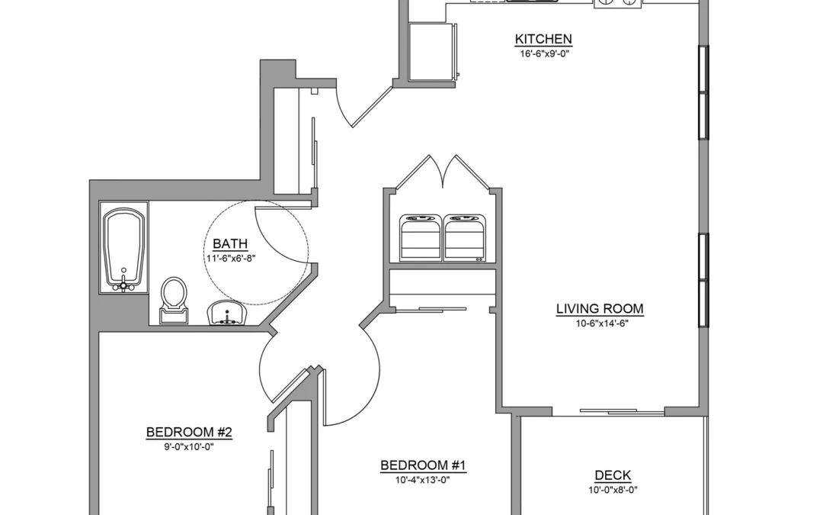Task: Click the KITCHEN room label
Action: pos(543,39)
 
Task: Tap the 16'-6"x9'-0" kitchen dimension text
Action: pos(544,53)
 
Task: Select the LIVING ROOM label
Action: pos(600,309)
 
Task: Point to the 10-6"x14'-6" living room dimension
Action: pos(602,323)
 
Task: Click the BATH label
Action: pos(230,244)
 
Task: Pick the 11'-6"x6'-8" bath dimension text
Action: pos(230,258)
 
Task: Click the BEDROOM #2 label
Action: pos(189,433)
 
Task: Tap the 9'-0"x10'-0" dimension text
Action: pos(189,447)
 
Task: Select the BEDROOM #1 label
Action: pos(423,465)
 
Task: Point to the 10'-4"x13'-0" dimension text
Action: pos(423,480)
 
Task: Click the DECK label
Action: pos(613,475)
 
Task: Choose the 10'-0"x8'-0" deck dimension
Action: pos(613,491)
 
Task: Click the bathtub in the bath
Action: pos(124,249)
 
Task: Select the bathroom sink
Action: pos(227,314)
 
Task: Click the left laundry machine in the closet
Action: pos(421,237)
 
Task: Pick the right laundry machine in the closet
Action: pos(465,237)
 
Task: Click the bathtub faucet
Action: pos(124,285)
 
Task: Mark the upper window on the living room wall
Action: pos(703,93)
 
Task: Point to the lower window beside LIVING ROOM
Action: pos(703,280)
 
